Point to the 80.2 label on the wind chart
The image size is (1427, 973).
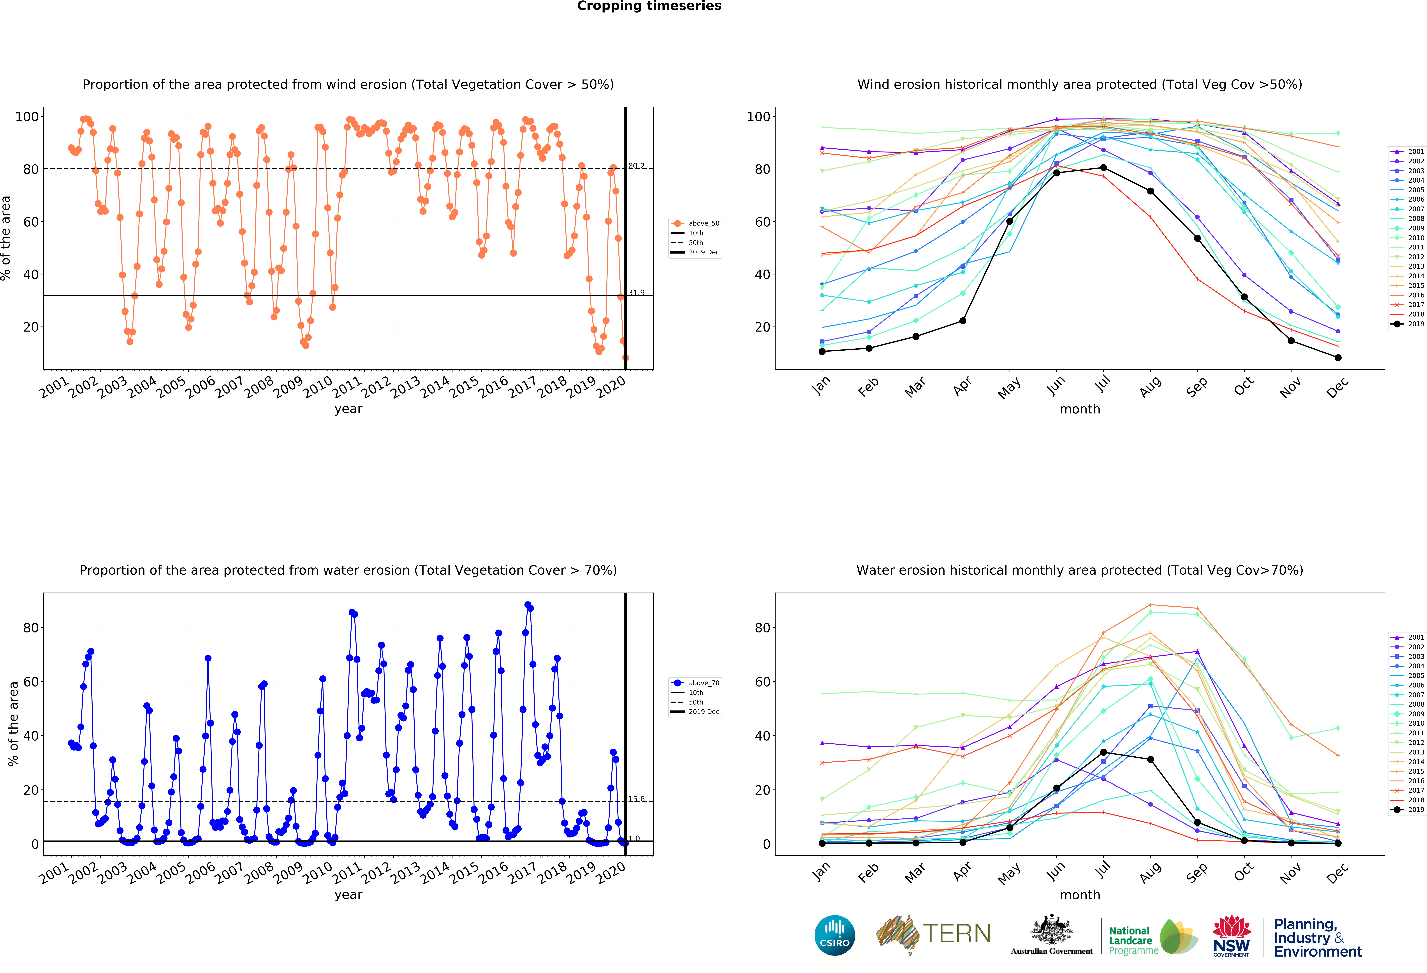[636, 166]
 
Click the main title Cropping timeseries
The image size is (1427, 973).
[649, 6]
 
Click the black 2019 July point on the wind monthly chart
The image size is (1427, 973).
[1103, 168]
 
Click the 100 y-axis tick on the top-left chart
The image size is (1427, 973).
[27, 117]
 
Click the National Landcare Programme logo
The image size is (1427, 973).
[1153, 937]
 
